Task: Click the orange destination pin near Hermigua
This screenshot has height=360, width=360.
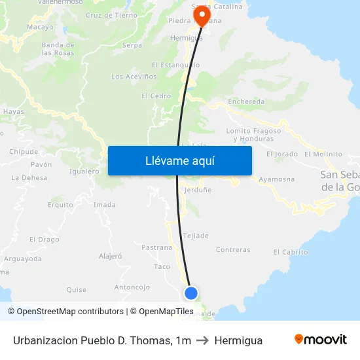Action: (201, 15)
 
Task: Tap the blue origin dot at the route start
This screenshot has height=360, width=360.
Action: (191, 293)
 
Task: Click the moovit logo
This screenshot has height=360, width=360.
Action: (321, 340)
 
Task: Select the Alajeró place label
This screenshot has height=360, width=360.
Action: (110, 256)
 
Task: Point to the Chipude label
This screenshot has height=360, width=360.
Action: (24, 152)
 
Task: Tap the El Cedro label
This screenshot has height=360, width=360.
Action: (156, 96)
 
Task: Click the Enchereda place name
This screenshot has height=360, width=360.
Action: (246, 101)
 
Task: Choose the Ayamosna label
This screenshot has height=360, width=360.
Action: (276, 179)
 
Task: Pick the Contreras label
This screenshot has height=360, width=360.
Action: (233, 249)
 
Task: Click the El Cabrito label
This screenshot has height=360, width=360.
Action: (291, 252)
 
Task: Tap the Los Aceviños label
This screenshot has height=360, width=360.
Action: (134, 77)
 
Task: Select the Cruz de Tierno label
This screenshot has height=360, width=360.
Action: (111, 15)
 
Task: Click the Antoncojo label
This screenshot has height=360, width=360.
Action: (132, 287)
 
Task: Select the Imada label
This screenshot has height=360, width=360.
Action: (105, 205)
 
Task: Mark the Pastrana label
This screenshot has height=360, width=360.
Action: (156, 247)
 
